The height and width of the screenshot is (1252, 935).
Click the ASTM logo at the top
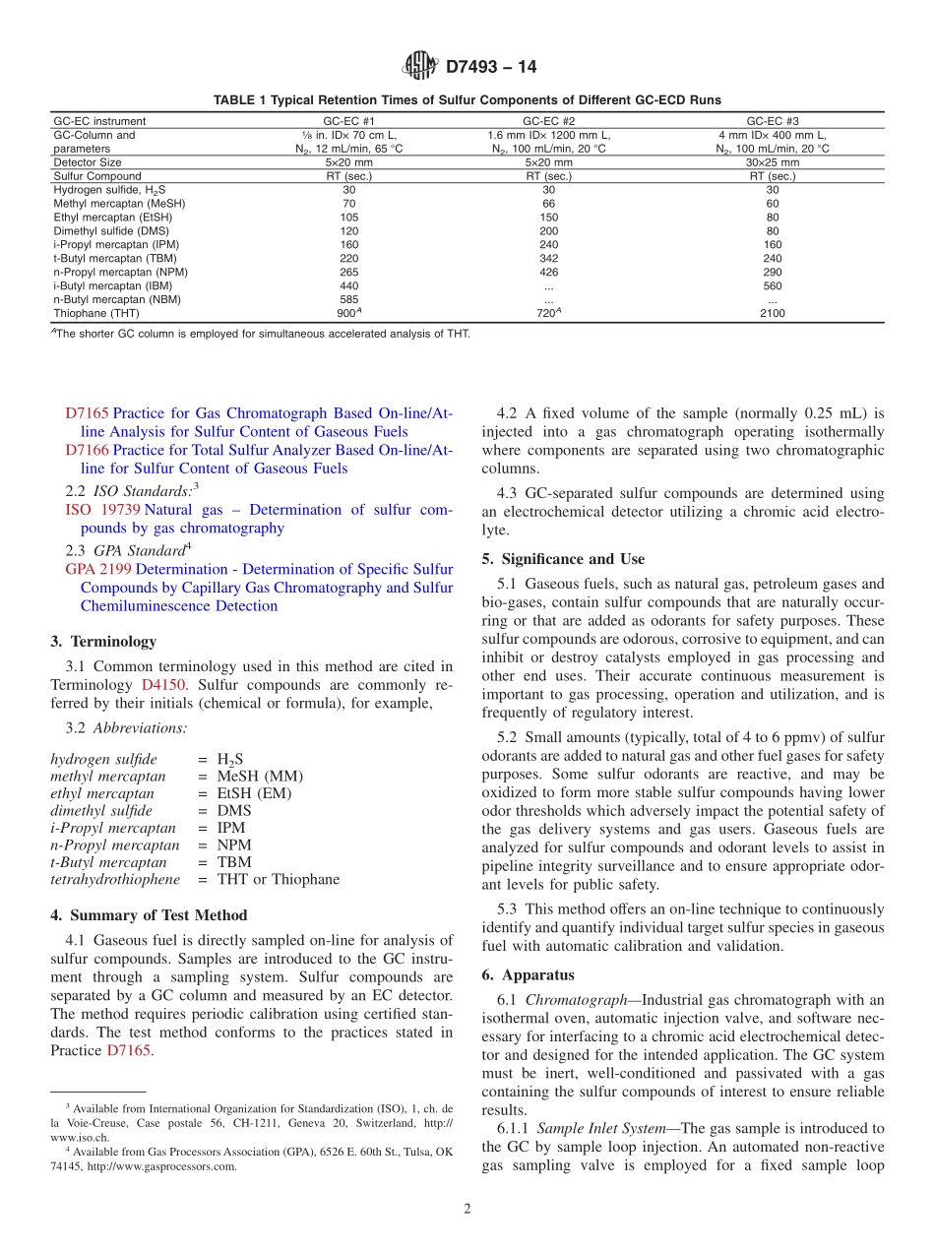(420, 67)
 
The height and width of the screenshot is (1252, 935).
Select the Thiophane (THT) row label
(96, 313)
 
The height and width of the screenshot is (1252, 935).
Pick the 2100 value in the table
(772, 313)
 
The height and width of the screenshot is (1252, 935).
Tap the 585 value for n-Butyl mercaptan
(348, 299)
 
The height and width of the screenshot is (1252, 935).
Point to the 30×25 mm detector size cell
(772, 162)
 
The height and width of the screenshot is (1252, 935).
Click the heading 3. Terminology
(103, 642)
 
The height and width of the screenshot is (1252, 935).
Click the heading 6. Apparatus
(528, 975)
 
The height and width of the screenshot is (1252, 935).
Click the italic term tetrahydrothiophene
(115, 879)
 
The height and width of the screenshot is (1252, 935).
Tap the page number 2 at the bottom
(467, 1209)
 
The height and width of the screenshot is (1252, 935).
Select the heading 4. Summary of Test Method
(149, 915)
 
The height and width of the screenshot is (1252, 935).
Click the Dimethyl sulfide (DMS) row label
(102, 230)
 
